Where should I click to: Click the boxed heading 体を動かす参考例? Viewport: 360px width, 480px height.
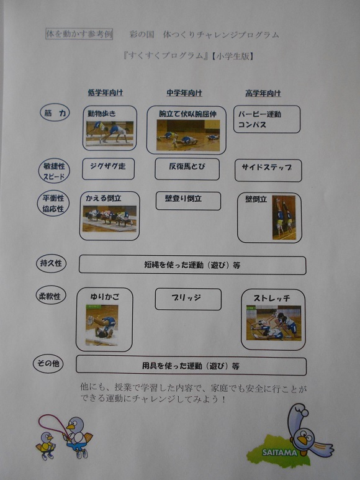coord(79,34)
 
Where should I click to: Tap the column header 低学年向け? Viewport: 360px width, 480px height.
coord(106,93)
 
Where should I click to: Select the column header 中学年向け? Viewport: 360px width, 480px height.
coord(184,93)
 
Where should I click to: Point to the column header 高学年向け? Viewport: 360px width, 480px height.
coord(263,93)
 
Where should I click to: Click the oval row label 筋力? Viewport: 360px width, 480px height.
coord(55,112)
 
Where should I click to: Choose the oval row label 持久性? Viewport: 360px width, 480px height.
coord(51,263)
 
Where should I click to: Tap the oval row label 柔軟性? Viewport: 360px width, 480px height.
coord(50,296)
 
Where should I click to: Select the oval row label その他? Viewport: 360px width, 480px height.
coord(48,364)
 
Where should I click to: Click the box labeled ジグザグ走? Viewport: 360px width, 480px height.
coord(108,169)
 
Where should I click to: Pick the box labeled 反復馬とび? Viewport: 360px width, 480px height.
coord(187,169)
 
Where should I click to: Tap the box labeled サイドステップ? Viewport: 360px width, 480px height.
coord(268,170)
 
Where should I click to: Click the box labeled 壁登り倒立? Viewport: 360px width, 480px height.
coord(188,201)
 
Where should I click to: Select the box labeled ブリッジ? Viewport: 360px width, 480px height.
coord(188,299)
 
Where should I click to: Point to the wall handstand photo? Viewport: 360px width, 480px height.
coord(284,217)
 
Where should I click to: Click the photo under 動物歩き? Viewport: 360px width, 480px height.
coord(110,133)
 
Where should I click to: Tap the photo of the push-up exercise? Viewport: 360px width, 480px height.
coord(188,135)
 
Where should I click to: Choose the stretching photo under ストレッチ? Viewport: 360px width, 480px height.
coord(274,323)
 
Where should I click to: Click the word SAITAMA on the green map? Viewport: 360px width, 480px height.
coord(279,453)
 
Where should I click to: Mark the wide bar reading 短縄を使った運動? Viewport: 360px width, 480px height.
coord(192,265)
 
